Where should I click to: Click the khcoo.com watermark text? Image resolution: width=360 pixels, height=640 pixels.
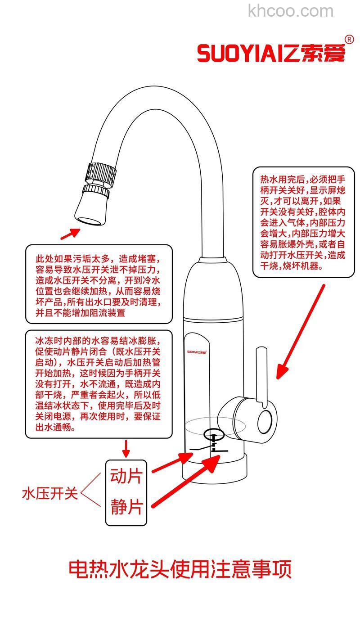point(291,11)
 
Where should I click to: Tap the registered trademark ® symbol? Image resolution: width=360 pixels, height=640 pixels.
point(349,40)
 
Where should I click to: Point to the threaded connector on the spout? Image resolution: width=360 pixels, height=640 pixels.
point(101,173)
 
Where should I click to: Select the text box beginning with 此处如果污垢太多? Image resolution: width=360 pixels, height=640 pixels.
point(99,284)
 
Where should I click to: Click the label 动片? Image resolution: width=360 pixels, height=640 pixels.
point(126,476)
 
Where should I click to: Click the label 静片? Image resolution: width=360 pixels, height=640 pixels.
point(126,507)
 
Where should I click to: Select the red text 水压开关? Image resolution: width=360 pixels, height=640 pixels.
point(49,494)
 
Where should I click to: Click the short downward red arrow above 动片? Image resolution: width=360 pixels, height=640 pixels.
point(126,448)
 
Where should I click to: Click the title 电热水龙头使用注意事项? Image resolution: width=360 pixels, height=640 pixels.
point(180,569)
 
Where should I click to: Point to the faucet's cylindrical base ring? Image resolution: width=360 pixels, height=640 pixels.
point(215,468)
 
